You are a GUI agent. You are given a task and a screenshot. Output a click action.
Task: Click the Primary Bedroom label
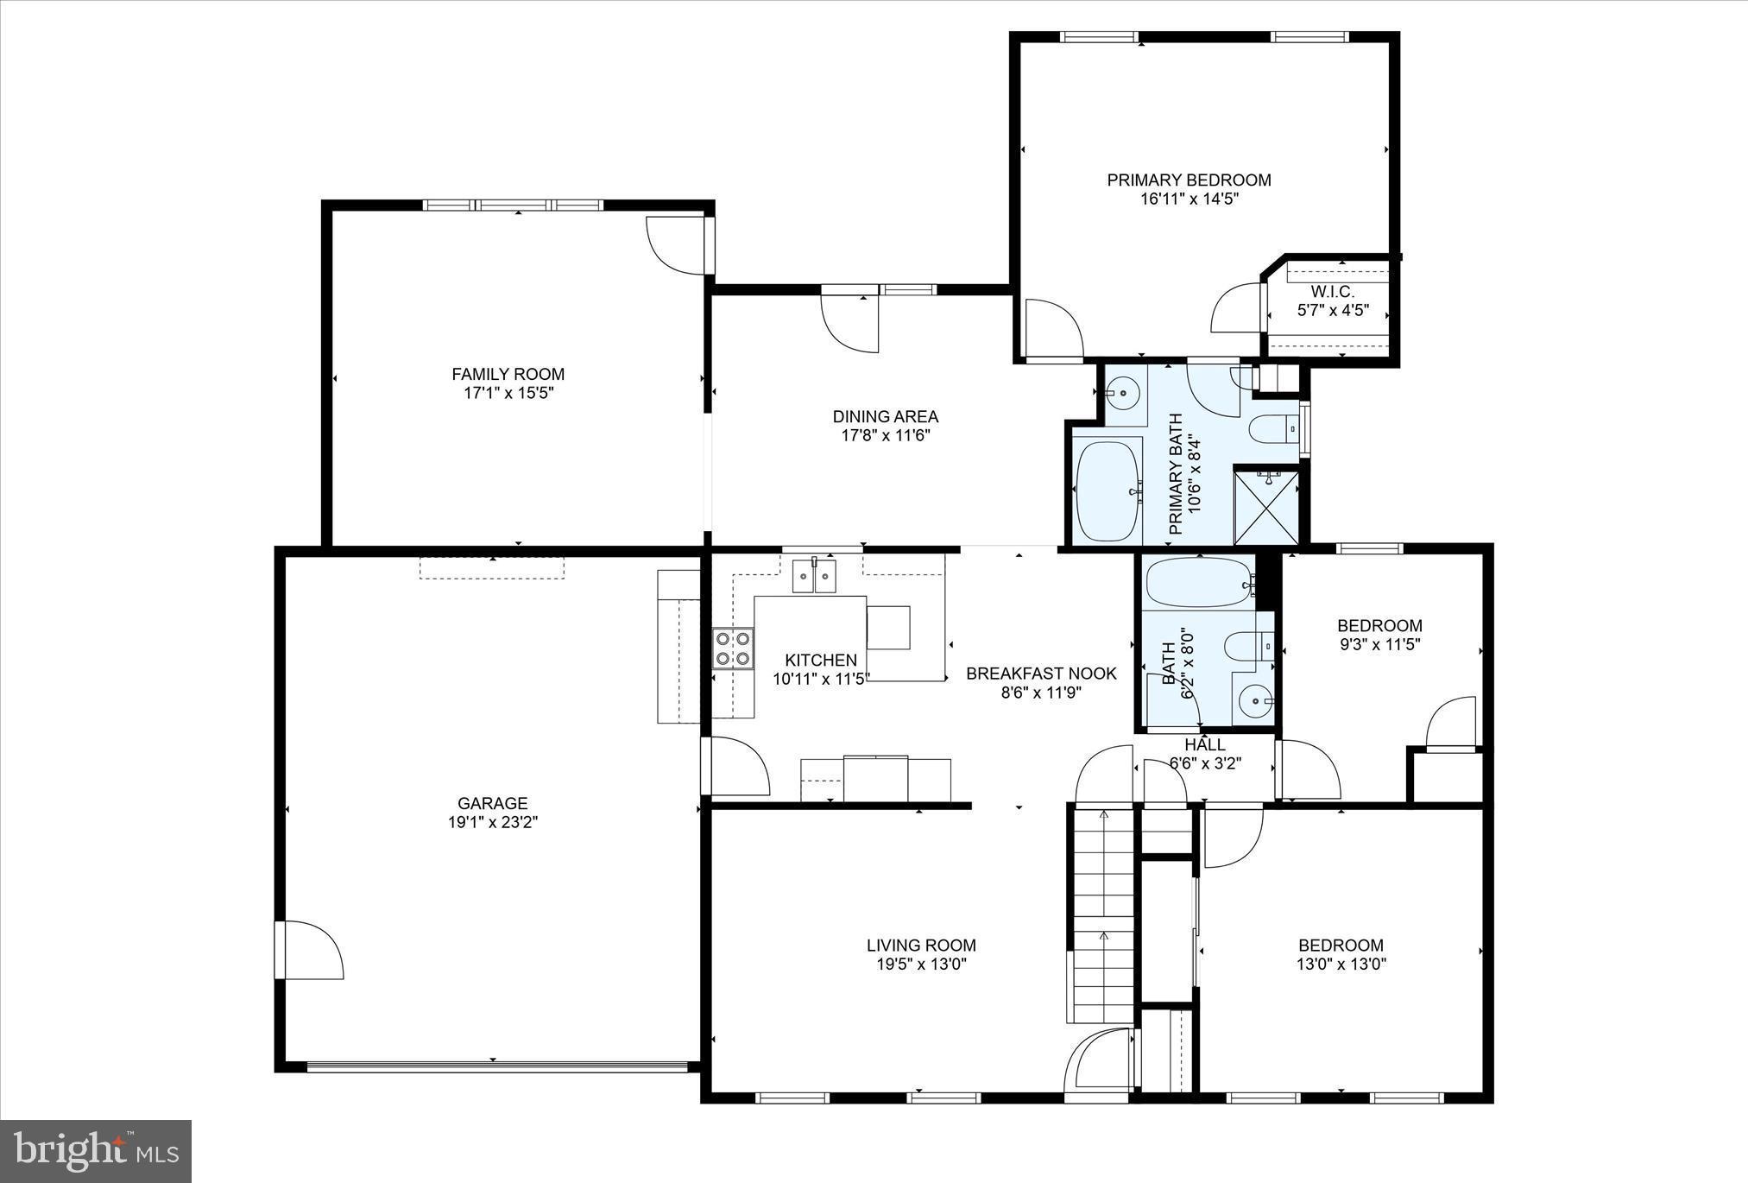[1189, 180]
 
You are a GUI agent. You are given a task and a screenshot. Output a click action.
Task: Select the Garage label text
[493, 803]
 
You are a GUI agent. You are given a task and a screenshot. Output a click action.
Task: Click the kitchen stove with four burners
[733, 648]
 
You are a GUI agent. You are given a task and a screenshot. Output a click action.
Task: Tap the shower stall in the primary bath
[1266, 505]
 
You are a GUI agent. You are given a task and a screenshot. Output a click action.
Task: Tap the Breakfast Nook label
[1041, 674]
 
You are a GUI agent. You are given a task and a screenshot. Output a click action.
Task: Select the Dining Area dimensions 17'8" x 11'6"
[886, 435]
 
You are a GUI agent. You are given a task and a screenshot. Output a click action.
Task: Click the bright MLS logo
[96, 1151]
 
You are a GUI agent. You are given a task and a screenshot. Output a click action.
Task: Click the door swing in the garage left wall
[312, 950]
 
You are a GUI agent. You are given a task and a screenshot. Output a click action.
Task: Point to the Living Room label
[921, 946]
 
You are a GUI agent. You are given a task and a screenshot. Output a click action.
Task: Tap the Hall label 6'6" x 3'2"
[1205, 753]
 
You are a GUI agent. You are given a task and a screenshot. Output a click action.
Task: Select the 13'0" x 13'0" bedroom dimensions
[1341, 965]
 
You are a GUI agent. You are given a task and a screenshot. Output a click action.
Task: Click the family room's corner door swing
[678, 245]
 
